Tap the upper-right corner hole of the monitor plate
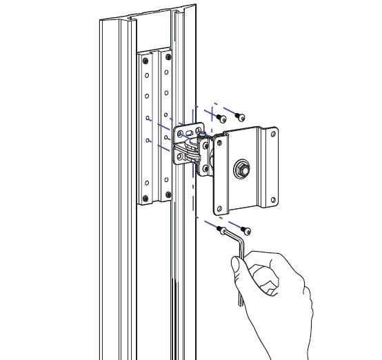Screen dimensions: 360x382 273,136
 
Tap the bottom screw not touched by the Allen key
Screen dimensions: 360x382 246,230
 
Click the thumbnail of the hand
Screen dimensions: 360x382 237,264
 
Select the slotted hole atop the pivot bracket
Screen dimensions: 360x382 190,128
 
